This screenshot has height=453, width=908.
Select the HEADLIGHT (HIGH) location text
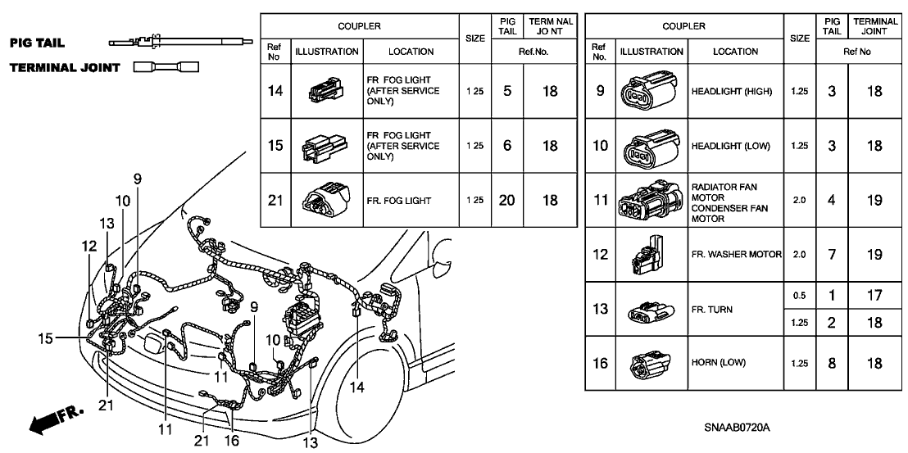(x=732, y=92)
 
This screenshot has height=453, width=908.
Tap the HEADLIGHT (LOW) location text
(x=731, y=146)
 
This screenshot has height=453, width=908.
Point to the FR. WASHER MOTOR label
(x=735, y=254)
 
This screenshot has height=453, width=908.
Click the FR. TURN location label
(x=712, y=310)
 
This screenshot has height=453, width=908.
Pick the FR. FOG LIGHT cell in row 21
(x=397, y=200)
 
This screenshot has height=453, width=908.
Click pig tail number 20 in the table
(x=507, y=200)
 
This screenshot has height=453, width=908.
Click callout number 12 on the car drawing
(x=89, y=245)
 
